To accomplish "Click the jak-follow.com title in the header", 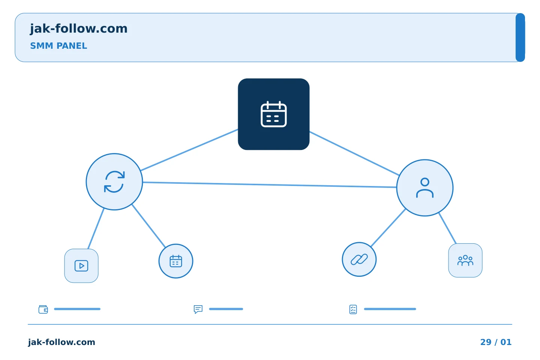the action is click(x=79, y=29).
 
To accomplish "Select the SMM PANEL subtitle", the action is click(x=58, y=46).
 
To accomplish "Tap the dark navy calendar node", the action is click(x=274, y=114).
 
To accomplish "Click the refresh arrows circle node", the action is click(x=114, y=182).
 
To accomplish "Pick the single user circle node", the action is click(x=425, y=188).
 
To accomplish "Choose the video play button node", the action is click(x=81, y=266).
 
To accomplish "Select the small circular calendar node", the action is click(x=176, y=261).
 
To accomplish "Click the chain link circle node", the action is click(x=359, y=259).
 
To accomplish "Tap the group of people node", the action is click(x=465, y=260).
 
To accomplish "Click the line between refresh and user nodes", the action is click(x=270, y=185).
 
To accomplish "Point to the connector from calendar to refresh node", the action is click(x=189, y=150).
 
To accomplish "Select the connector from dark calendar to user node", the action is click(x=354, y=153).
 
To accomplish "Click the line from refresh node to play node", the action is click(x=96, y=229).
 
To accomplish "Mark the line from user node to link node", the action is click(x=388, y=228).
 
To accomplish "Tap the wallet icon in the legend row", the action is click(x=43, y=309).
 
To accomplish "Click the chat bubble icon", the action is click(x=198, y=309).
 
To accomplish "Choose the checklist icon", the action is click(x=353, y=309).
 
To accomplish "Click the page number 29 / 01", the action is click(x=496, y=342).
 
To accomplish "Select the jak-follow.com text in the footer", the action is click(x=61, y=342).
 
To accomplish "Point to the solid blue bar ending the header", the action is click(x=520, y=37).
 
